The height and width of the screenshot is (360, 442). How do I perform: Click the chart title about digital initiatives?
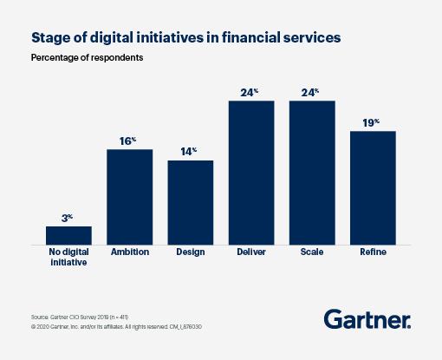pyautogui.click(x=180, y=37)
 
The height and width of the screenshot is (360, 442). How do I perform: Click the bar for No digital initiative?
pyautogui.click(x=68, y=235)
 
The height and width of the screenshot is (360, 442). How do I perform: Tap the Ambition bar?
pyautogui.click(x=129, y=196)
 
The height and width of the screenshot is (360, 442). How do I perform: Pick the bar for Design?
pyautogui.click(x=190, y=202)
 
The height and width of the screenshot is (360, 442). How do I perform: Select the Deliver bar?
pyautogui.click(x=251, y=172)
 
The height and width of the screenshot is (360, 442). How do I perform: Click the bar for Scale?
pyautogui.click(x=312, y=172)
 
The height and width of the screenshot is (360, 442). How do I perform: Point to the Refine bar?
pyautogui.click(x=373, y=187)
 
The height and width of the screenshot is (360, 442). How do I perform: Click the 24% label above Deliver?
pyautogui.click(x=251, y=91)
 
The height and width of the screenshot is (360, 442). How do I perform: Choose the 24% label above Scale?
pyautogui.click(x=312, y=91)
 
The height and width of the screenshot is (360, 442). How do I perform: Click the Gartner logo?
pyautogui.click(x=367, y=319)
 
